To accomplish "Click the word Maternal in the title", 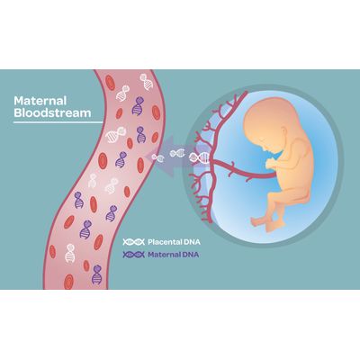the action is (40, 101).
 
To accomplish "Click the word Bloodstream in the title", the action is (52, 113).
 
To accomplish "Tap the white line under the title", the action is (58, 122).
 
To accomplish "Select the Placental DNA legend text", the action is (174, 242).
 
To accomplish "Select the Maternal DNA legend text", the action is (174, 255).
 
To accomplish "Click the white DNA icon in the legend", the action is (134, 242).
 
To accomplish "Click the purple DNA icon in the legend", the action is (134, 255).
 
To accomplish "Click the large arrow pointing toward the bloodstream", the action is (174, 156).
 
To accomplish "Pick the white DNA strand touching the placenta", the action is (199, 157).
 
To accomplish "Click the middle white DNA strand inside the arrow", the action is (178, 153).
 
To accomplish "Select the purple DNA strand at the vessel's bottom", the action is (96, 274).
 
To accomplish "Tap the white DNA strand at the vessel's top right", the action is (146, 82).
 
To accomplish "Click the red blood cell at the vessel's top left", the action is (111, 83).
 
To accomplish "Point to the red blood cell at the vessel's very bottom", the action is (68, 282).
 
